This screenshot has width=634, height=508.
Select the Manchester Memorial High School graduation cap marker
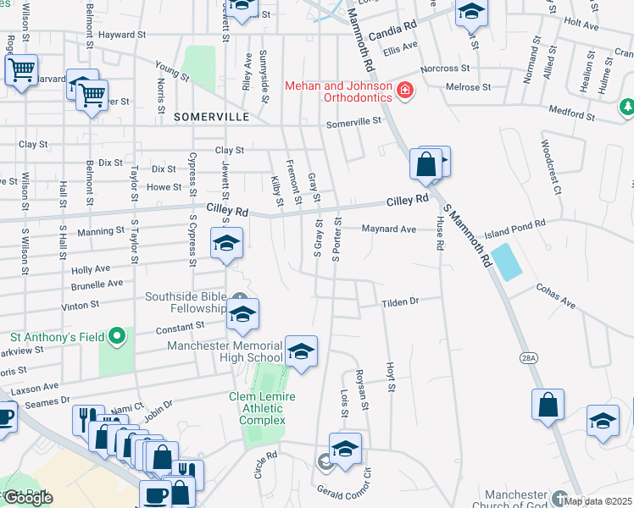click(301, 351)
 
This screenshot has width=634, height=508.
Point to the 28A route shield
click(529, 359)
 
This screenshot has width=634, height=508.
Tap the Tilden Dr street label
click(400, 301)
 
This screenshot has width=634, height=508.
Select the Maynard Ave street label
click(388, 229)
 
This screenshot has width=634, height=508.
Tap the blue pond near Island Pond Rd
click(507, 262)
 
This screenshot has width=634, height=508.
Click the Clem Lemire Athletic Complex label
click(268, 408)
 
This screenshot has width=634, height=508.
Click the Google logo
click(28, 498)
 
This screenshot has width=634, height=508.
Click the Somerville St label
click(354, 122)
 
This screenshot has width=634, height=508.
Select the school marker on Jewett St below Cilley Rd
click(226, 244)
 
